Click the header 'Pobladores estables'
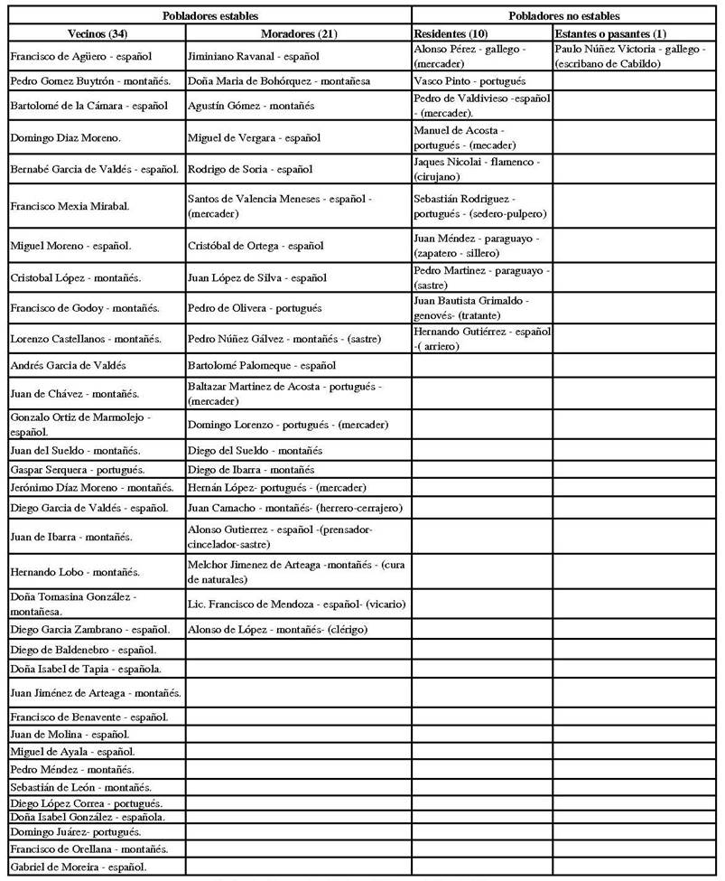coord(209,16)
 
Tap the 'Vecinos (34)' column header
coord(96,33)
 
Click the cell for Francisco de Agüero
coord(96,56)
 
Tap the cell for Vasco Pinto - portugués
coord(482,80)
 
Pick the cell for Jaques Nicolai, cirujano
coord(482,168)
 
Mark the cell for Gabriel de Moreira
coord(96,867)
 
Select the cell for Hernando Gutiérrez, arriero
coord(482,338)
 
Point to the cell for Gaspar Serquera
coord(96,469)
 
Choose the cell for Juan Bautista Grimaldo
coord(482,307)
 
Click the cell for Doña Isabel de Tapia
coord(96,669)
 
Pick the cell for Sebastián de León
coord(96,787)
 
